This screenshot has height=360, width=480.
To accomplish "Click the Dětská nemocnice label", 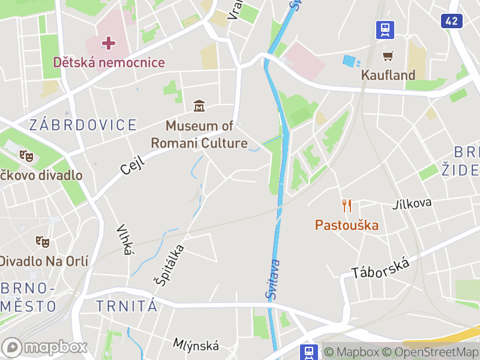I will (x=109, y=62).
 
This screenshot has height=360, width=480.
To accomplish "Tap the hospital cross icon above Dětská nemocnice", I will (x=109, y=43).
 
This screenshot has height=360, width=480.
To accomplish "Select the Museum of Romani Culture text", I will (x=199, y=134).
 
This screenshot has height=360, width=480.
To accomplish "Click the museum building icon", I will (x=199, y=107).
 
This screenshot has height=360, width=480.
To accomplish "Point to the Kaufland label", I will (x=388, y=75).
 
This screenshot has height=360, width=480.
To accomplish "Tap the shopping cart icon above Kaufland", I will (x=388, y=56).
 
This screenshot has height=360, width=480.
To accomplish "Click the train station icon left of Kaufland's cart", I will (x=385, y=29).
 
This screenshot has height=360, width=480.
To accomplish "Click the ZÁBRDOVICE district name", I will (x=83, y=125).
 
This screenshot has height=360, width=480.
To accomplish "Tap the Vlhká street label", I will (x=124, y=240).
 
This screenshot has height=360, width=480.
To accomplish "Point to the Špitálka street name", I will (x=169, y=264).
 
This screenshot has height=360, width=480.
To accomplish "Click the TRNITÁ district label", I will (x=127, y=306).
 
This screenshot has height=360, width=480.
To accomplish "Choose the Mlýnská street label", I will (x=196, y=345).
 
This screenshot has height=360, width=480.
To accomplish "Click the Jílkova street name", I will (x=412, y=203).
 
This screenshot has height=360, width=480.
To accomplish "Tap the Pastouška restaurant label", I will (x=347, y=225).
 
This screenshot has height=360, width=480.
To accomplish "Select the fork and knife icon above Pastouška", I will (x=347, y=206).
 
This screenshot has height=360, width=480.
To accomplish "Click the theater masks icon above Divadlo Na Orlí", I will (x=42, y=242).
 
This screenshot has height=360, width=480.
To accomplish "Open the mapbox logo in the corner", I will (x=46, y=347).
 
